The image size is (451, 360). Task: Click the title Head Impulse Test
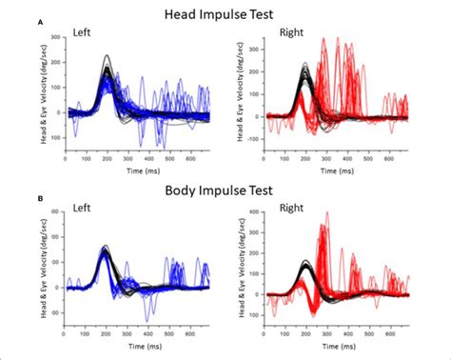[224, 16]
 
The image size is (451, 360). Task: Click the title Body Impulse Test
[224, 190]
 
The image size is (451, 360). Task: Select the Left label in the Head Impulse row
[85, 34]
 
